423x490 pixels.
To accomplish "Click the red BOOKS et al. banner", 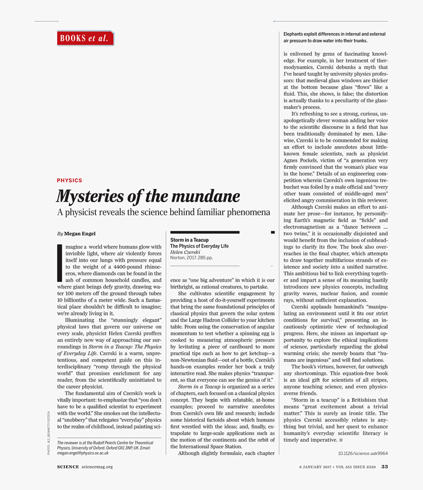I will (85, 38).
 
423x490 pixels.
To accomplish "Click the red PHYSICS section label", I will (69, 181).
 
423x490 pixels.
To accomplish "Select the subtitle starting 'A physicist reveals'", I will (163, 212).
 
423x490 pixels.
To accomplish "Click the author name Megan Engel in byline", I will (80, 234).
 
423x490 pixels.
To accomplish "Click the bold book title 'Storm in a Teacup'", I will (189, 240).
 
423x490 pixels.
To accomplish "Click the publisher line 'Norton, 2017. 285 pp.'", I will (191, 257).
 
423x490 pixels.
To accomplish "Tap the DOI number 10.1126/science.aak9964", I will (363, 453).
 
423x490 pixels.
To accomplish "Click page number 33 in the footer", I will (385, 467).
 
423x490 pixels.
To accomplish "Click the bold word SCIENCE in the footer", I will (68, 467).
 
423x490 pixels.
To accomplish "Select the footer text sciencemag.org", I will (97, 467).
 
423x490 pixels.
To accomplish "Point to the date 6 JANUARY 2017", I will (315, 467).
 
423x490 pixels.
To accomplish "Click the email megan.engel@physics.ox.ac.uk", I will (82, 453).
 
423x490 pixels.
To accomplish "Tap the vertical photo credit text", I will (49, 432).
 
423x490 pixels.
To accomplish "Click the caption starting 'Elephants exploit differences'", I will (334, 37).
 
